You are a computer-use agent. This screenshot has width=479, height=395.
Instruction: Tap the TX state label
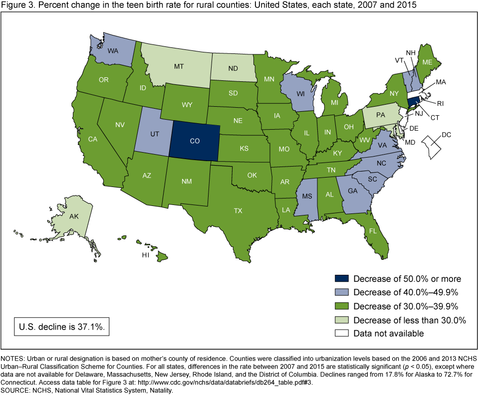(x=239, y=210)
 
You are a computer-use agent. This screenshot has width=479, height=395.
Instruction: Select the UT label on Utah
(x=154, y=135)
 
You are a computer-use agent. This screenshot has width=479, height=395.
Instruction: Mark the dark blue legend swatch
(x=341, y=279)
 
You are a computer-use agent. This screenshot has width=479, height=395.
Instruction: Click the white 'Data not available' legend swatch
(x=341, y=333)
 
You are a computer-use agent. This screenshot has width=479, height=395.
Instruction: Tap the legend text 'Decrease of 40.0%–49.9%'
(x=406, y=292)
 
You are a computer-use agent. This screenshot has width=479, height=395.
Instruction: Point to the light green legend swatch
(x=341, y=320)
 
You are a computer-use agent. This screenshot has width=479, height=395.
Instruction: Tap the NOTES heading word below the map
(x=13, y=359)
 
